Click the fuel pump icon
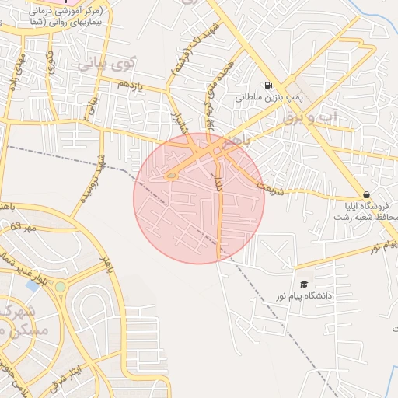268,86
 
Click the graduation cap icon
303,284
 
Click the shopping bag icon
365,194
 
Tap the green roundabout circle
60,288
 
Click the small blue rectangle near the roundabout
33,285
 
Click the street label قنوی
51,62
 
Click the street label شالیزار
176,123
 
